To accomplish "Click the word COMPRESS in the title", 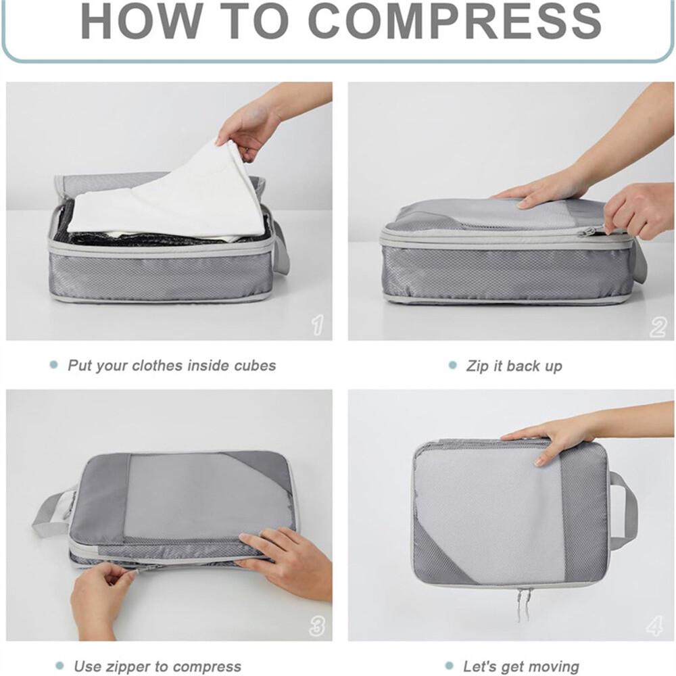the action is tap(454, 21).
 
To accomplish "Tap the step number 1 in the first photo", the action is tap(318, 324).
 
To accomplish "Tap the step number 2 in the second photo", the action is tap(658, 327).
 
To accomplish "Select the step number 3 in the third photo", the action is tap(317, 625).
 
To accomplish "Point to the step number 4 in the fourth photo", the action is tap(654, 625).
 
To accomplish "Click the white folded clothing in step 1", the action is tap(164, 194).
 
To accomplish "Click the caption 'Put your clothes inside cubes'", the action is tap(172, 366).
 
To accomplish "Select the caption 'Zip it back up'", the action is tap(514, 366).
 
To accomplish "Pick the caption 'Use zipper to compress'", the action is tap(158, 666).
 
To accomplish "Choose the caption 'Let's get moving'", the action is tap(521, 666).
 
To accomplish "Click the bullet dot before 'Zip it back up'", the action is tap(452, 365).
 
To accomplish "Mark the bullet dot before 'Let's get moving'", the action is tap(450, 666).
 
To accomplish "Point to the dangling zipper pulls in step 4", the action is tap(523, 604).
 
